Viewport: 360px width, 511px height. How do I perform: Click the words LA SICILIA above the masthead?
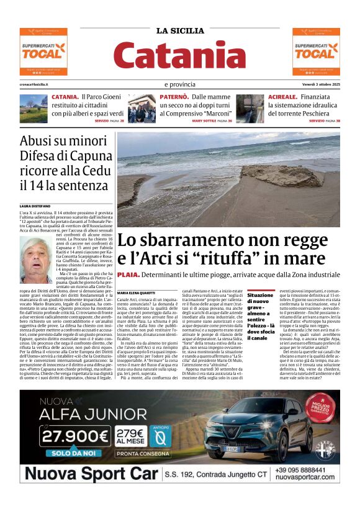tap(180, 30)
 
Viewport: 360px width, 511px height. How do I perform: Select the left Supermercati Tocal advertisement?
tap(43, 51)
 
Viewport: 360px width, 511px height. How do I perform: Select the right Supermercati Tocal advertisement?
tap(316, 51)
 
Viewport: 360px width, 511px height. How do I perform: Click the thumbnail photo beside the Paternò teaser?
tap(142, 108)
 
